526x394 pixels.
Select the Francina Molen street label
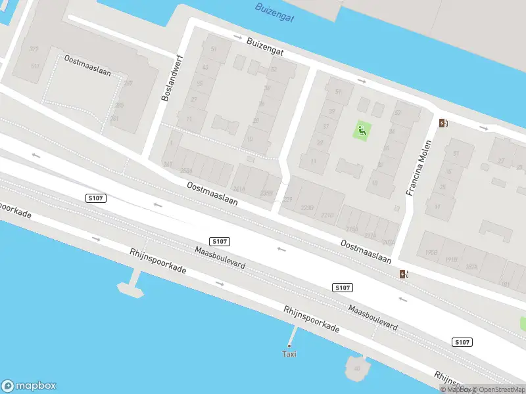418,168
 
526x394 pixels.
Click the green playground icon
362,130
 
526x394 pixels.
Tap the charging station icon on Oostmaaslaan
402,274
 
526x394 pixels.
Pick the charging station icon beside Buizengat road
444,123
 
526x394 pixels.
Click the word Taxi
289,354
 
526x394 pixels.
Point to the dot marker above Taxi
289,345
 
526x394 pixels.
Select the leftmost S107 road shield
96,198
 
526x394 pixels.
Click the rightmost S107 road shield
462,342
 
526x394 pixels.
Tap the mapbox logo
29,386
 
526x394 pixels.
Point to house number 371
34,49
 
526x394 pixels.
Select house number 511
35,66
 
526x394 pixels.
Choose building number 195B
431,252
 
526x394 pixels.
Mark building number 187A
471,267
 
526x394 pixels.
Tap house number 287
128,83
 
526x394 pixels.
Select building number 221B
327,215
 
